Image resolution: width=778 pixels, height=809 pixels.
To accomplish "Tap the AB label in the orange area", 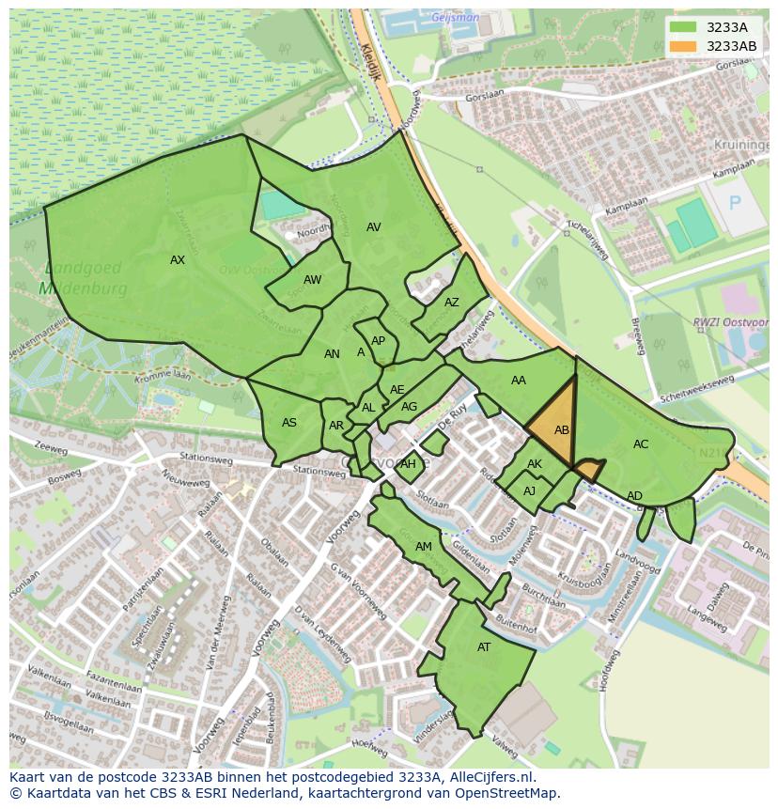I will pyautogui.click(x=562, y=430).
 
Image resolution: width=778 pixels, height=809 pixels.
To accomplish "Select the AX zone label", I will pyautogui.click(x=178, y=260).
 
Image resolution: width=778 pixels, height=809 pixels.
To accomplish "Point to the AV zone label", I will pyautogui.click(x=374, y=227).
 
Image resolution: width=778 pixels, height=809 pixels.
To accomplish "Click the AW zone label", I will pyautogui.click(x=312, y=280).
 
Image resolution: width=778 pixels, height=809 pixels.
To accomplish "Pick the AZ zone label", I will pyautogui.click(x=452, y=303).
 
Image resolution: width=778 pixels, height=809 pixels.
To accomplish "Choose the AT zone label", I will pyautogui.click(x=484, y=647).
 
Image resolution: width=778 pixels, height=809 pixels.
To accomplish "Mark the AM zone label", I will pyautogui.click(x=424, y=547).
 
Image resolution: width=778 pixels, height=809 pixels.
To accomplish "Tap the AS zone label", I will pyautogui.click(x=289, y=423).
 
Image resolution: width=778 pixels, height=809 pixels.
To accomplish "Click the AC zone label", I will pyautogui.click(x=641, y=444).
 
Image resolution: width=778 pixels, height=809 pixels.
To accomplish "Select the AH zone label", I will pyautogui.click(x=408, y=464).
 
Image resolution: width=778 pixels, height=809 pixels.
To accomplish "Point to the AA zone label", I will pyautogui.click(x=519, y=381).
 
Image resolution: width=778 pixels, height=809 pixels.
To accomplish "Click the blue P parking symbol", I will pyautogui.click(x=735, y=203).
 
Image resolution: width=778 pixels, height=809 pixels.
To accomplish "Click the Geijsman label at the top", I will pyautogui.click(x=455, y=18).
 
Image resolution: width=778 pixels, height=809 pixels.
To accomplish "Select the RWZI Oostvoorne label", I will pyautogui.click(x=731, y=323).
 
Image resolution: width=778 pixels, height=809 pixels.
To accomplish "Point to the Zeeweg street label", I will pyautogui.click(x=51, y=449).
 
